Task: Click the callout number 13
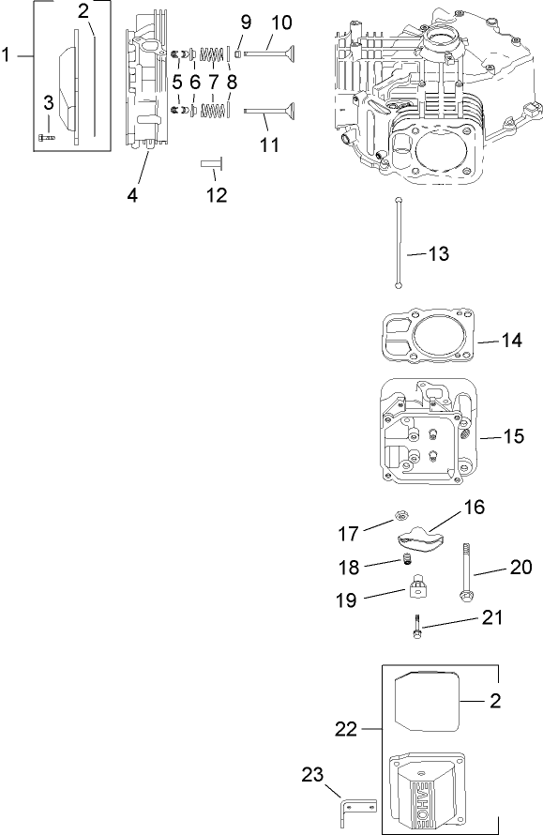coord(437,254)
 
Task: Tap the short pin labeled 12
coord(209,164)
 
